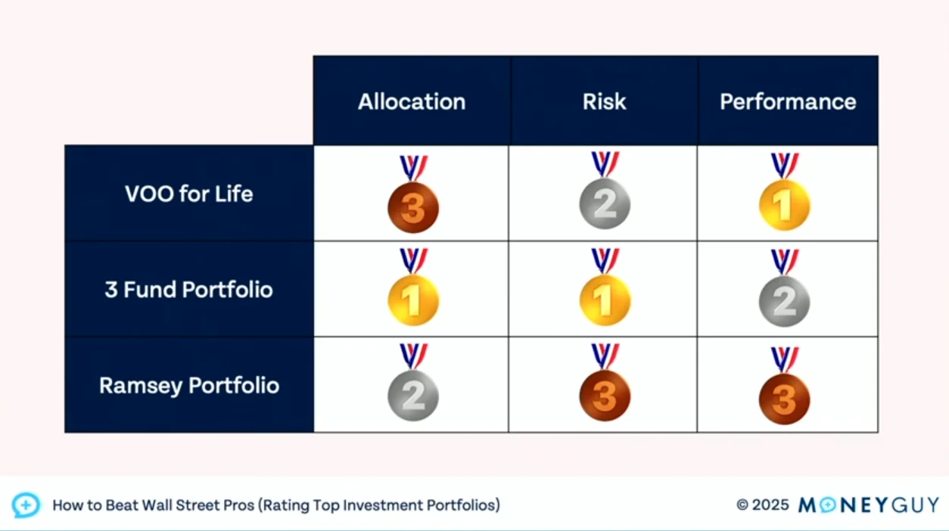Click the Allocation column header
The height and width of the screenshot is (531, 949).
(x=412, y=101)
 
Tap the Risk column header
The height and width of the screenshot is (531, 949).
(x=604, y=101)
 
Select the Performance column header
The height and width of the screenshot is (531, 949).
(x=788, y=101)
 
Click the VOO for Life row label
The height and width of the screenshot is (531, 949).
(x=189, y=194)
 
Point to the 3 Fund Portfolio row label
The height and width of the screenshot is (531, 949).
(x=189, y=290)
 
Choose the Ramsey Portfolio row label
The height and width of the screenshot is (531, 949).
(x=189, y=386)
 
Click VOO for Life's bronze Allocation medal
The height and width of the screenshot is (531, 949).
(x=413, y=194)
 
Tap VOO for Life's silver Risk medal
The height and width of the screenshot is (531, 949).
(x=605, y=191)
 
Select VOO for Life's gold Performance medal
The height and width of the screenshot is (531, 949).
(x=785, y=192)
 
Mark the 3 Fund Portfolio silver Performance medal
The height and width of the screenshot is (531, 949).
(x=785, y=288)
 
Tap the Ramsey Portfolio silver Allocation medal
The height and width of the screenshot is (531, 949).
(x=413, y=383)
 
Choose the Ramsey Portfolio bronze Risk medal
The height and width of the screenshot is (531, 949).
(x=605, y=383)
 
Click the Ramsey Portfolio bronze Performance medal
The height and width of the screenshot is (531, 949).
(x=785, y=386)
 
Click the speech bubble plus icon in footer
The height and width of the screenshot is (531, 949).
(x=26, y=505)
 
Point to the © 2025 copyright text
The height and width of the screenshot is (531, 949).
(x=763, y=505)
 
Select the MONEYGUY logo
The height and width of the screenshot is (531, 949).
(x=869, y=505)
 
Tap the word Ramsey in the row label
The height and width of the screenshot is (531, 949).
(x=141, y=386)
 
